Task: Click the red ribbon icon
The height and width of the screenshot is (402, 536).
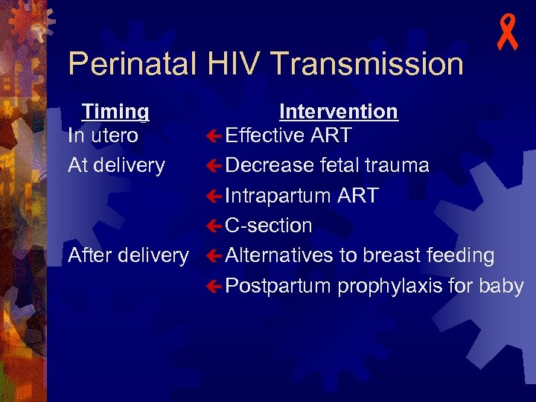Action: pyautogui.click(x=508, y=34)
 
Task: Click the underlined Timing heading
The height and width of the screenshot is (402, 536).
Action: pyautogui.click(x=115, y=112)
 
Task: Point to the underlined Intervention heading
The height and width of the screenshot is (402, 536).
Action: pyautogui.click(x=339, y=112)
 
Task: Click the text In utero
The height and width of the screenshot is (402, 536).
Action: pyautogui.click(x=103, y=135)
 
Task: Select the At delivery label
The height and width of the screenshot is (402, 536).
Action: pyautogui.click(x=116, y=165)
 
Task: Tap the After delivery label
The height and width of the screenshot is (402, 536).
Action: pyautogui.click(x=128, y=255)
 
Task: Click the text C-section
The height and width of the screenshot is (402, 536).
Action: pyautogui.click(x=269, y=226)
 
